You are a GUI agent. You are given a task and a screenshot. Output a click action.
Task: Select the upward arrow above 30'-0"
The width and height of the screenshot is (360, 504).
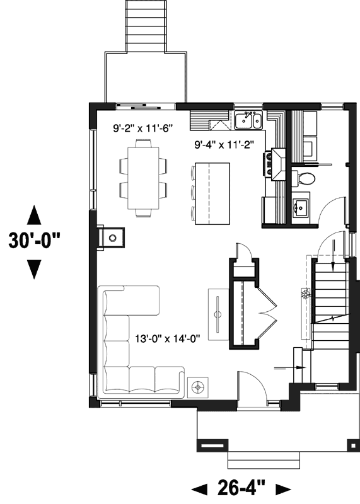(x=35, y=215)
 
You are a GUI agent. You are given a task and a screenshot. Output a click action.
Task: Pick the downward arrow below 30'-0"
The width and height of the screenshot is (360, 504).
(x=35, y=270)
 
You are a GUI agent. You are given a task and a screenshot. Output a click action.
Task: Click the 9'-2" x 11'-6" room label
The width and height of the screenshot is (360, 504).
(x=142, y=128)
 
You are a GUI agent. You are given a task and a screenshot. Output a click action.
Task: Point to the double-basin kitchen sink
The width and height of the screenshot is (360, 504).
(x=248, y=119)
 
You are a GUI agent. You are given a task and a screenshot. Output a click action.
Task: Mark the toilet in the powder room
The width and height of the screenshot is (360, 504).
(x=305, y=178)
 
